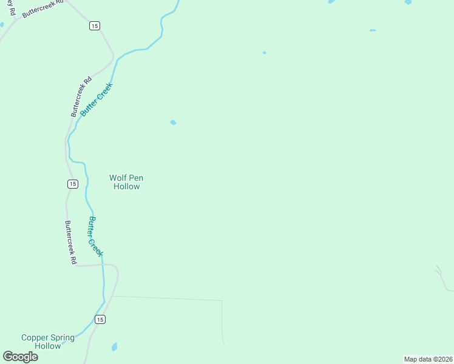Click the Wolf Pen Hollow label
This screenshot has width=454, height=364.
coord(126,182)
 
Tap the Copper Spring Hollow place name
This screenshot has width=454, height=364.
coord(48,342)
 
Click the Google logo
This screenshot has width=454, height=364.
coord(21,357)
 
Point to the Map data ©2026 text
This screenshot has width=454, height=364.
coord(428,359)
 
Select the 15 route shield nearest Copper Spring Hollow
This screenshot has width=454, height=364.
coord(100,319)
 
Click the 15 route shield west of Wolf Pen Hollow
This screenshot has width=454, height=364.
coord(72,184)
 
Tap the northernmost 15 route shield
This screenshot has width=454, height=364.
coord(93,25)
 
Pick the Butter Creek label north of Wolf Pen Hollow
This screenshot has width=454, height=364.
coord(96,99)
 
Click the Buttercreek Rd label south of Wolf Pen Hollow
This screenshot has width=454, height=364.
coord(70,242)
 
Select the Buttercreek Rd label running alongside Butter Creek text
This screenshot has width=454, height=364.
coord(81,96)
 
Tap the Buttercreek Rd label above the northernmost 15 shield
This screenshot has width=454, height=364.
coord(42,8)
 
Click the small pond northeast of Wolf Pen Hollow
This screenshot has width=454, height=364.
coord(173,123)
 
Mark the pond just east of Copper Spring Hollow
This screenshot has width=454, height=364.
coord(114,347)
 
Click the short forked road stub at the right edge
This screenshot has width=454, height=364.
coord(439,272)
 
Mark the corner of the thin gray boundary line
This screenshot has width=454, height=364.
coord(222,300)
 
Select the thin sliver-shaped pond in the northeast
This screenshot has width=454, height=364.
coord(373,30)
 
